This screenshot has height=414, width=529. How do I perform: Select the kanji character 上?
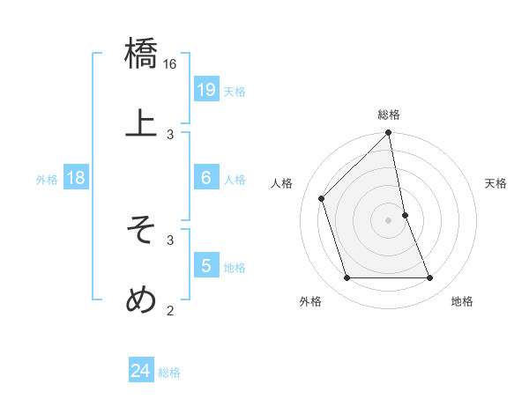[141, 124]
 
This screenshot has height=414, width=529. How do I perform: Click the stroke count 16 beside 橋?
[170, 63]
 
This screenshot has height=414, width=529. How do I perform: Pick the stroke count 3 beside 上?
[170, 135]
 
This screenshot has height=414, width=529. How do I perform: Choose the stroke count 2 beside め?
[170, 310]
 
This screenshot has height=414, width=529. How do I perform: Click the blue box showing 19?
[205, 90]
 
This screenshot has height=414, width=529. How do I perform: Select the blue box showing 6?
[205, 178]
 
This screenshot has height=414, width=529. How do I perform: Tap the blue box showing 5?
[205, 266]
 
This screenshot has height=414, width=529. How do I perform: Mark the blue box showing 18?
[76, 178]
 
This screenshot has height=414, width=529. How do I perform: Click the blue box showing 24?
[140, 372]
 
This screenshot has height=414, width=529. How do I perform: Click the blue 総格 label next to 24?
[169, 373]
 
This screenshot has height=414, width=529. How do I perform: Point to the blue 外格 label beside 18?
[47, 179]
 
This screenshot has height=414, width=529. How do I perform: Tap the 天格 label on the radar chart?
[495, 183]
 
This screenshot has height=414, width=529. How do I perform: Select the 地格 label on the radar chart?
[462, 301]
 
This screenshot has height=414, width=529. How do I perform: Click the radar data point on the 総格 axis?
[389, 134]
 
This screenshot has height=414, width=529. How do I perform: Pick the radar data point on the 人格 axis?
[322, 198]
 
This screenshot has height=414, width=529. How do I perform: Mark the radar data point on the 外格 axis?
[347, 278]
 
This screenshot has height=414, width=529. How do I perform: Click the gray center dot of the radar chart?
[389, 220]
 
